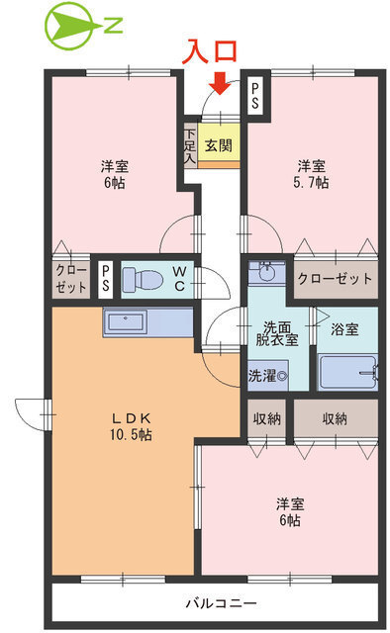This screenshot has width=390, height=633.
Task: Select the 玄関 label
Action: coord(219,144)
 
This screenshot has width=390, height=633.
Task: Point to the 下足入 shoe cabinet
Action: coord(189,145)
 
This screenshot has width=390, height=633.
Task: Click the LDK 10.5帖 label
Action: coord(131,426)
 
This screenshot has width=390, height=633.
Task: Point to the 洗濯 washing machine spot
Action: coord(267,376)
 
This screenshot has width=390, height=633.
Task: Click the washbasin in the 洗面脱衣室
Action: coord(265,272)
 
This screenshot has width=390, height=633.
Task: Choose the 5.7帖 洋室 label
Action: coord(312,174)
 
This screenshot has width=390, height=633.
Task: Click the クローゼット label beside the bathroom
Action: coord(335,278)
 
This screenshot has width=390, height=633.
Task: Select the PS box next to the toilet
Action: coord(105,279)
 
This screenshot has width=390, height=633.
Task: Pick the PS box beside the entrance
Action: coord(255,96)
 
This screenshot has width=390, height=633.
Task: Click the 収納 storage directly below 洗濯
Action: coord(267,418)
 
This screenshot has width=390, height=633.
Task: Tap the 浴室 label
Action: coord(345,327)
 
